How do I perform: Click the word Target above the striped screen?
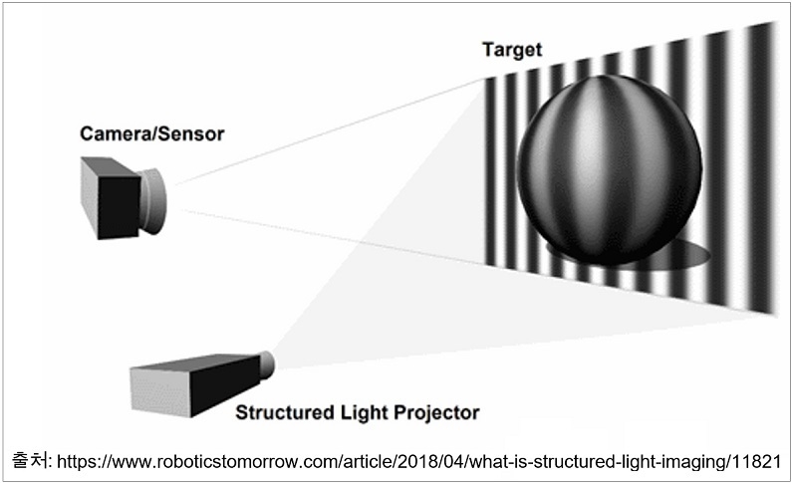[x=512, y=50]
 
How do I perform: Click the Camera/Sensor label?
[x=152, y=133]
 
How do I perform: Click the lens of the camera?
[x=153, y=201]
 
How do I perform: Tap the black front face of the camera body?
[x=119, y=207]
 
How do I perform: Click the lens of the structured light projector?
[x=266, y=364]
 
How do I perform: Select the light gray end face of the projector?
[x=160, y=391]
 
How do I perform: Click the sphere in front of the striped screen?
[x=610, y=169]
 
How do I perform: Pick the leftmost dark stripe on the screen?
[x=490, y=171]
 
